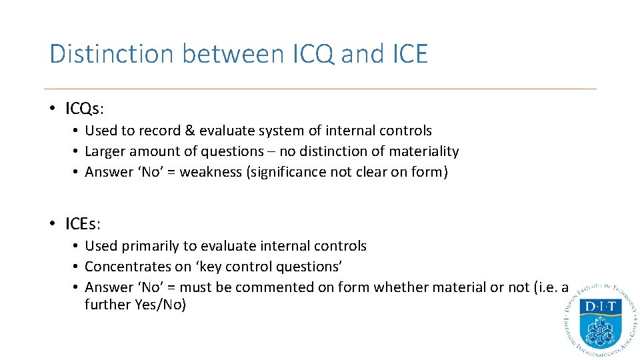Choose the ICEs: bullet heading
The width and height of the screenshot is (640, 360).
(x=83, y=223)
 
